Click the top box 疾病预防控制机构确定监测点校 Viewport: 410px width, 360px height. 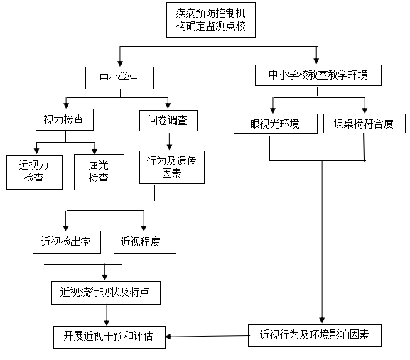coord(211,20)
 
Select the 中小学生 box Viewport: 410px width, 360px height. coord(119,78)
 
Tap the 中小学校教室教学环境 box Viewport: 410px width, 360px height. coord(318,75)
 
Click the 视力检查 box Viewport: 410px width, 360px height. coord(65,120)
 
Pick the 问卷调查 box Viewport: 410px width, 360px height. coord(168,121)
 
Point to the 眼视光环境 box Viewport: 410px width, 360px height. coord(276,124)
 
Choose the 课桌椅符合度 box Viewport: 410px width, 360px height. coord(365,124)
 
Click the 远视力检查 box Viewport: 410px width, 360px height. coord(34,172)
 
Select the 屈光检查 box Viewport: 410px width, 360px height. coord(99,172)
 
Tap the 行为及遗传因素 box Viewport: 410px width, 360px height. coord(172,167)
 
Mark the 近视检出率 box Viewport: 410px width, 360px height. coord(67,242)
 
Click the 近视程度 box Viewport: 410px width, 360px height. coord(145,242)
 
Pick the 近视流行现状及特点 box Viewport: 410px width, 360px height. coord(106,293)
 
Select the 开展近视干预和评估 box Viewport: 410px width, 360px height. coord(109,337)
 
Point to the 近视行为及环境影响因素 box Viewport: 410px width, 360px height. coord(315,335)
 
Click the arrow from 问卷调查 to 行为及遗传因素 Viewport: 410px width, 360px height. coord(169,142)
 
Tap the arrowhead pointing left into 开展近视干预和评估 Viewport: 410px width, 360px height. coord(168,337)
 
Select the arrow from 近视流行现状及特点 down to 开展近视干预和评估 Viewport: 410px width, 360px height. coord(107,315)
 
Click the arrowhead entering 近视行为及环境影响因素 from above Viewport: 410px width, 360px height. coord(322,320)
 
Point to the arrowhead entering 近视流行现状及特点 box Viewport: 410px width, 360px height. coord(104,278)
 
